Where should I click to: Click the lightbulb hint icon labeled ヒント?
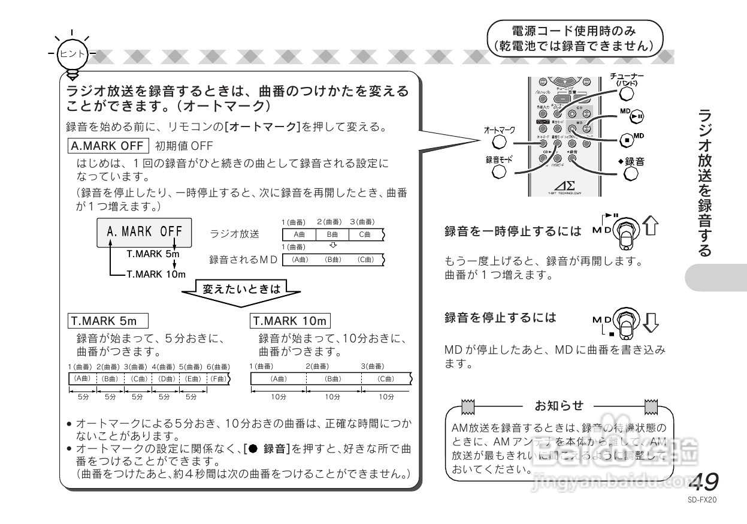pyautogui.click(x=72, y=54)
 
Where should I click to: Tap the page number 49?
pyautogui.click(x=704, y=481)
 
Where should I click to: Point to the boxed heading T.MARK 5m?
pyautogui.click(x=107, y=321)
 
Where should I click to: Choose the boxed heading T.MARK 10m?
pyautogui.click(x=291, y=321)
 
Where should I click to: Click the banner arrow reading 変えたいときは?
pyautogui.click(x=241, y=290)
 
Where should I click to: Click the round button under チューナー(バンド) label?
pyautogui.click(x=626, y=94)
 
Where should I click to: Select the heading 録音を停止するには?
pyautogui.click(x=500, y=318)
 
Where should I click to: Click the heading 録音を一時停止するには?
pyautogui.click(x=513, y=231)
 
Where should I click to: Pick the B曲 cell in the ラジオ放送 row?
pyautogui.click(x=332, y=234)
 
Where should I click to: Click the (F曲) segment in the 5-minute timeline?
pyautogui.click(x=219, y=379)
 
